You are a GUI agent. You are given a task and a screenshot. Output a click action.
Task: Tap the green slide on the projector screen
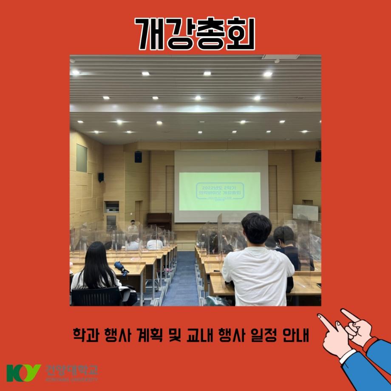(219, 191)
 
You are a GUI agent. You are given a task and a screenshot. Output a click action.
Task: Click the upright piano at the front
(159, 221)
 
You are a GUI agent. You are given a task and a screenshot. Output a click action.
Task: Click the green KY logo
(23, 373)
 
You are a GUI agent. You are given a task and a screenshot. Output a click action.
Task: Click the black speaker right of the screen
(318, 156)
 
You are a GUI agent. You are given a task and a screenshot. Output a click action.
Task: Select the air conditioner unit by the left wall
(111, 216)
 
